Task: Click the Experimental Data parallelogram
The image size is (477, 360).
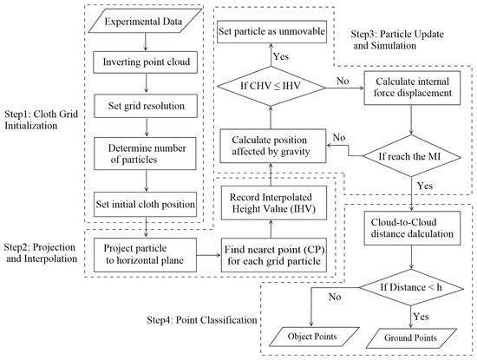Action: (x=145, y=21)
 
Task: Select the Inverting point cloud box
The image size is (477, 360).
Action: (x=146, y=62)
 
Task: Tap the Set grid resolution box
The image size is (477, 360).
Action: (x=146, y=106)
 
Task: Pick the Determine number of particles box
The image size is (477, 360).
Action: (x=145, y=154)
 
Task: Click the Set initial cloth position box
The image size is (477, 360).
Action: (x=145, y=204)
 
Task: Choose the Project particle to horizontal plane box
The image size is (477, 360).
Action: (x=145, y=255)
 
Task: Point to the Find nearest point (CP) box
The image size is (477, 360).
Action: (x=274, y=255)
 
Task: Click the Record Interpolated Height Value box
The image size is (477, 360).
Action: (x=274, y=203)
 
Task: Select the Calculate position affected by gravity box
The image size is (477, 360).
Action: (x=273, y=146)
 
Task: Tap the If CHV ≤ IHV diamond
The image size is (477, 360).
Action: (x=271, y=86)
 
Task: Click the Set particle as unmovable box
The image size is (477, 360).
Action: (x=272, y=31)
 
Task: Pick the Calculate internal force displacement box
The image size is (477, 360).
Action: (x=412, y=88)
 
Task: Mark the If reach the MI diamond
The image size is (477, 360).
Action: (x=412, y=156)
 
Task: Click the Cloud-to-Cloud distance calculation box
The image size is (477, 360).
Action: (x=412, y=228)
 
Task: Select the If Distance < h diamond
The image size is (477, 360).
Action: (x=412, y=288)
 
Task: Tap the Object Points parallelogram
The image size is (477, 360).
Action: (x=313, y=337)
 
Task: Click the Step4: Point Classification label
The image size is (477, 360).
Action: (x=202, y=320)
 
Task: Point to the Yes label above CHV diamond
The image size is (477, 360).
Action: (x=281, y=56)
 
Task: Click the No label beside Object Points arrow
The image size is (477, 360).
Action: (x=335, y=297)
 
